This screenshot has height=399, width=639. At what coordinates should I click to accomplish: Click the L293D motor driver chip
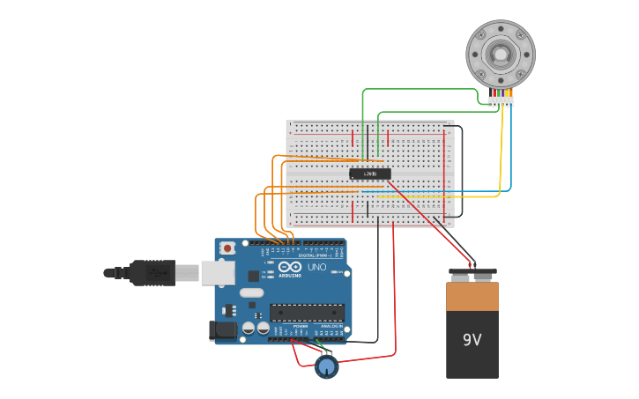(370, 174)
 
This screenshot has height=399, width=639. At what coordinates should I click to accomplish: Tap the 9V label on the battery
(472, 339)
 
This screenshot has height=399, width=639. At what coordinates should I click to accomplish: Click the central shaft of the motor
(501, 54)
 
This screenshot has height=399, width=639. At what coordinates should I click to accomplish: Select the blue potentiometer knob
(327, 366)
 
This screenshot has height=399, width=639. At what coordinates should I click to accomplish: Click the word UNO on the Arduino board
(316, 267)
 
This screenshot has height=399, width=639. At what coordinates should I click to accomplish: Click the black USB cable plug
(153, 273)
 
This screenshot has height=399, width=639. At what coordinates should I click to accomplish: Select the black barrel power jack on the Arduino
(222, 331)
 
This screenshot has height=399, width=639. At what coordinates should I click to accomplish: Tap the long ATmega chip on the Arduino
(307, 312)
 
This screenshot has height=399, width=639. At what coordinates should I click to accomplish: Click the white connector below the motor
(501, 101)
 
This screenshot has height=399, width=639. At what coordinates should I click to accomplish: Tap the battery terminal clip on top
(472, 272)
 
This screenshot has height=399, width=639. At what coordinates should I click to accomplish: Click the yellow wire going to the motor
(502, 150)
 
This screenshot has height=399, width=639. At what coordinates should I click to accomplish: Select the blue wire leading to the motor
(510, 150)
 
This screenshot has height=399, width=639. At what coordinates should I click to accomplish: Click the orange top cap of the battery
(472, 296)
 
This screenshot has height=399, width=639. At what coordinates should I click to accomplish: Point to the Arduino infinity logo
(290, 267)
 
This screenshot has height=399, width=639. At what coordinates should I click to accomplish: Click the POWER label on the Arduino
(301, 326)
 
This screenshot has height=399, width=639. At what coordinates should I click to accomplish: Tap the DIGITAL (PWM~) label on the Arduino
(315, 255)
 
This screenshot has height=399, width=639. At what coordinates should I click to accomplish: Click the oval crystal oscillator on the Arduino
(251, 292)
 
